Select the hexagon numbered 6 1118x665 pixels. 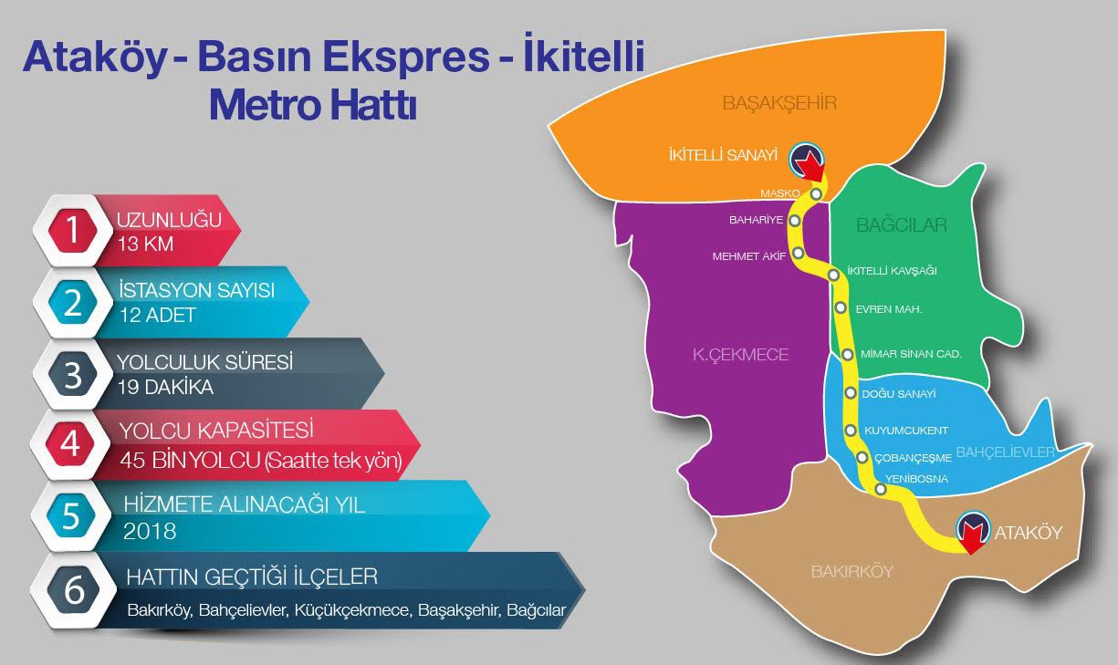click(72, 590)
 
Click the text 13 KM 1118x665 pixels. click(145, 244)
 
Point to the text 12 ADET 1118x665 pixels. click(158, 316)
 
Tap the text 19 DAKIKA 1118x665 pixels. click(165, 387)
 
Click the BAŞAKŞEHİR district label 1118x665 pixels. click(779, 102)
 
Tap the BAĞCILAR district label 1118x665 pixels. click(902, 224)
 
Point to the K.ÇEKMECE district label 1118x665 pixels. click(740, 355)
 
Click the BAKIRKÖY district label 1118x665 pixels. click(852, 572)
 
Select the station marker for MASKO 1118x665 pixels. click(816, 193)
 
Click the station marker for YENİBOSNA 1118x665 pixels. click(880, 490)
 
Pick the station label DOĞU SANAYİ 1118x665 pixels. click(899, 394)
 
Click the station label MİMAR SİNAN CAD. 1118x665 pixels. click(911, 353)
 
